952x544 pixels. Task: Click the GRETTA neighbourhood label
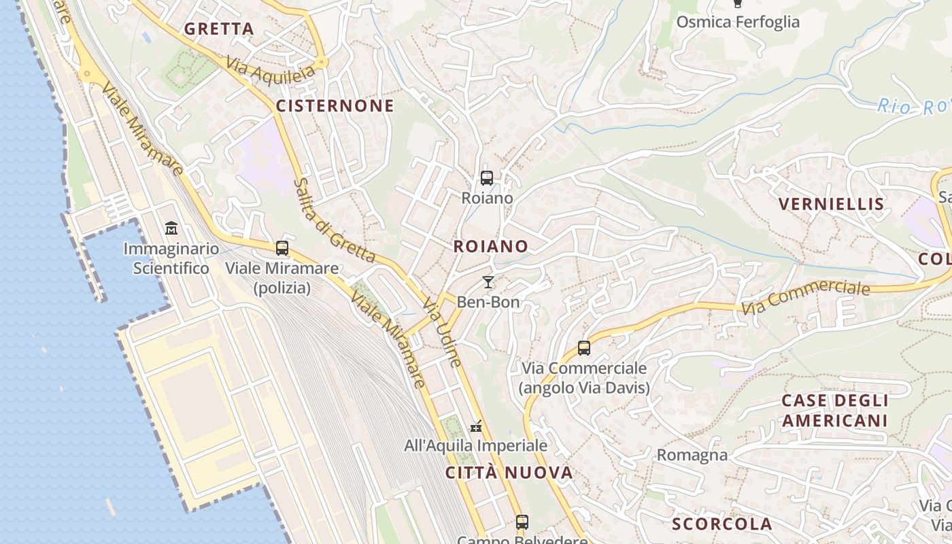pyautogui.click(x=219, y=29)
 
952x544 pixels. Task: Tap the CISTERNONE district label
pyautogui.click(x=335, y=105)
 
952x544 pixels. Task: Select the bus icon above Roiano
pyautogui.click(x=487, y=179)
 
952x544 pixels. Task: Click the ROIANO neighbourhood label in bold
pyautogui.click(x=491, y=246)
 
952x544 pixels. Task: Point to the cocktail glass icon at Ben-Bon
pyautogui.click(x=488, y=282)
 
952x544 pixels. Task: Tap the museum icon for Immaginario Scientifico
pyautogui.click(x=171, y=228)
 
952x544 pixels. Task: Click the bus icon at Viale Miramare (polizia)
pyautogui.click(x=282, y=248)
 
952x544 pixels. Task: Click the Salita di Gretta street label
pyautogui.click(x=334, y=220)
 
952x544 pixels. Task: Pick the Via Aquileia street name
pyautogui.click(x=271, y=69)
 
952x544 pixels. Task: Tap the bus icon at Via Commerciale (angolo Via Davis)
pyautogui.click(x=583, y=348)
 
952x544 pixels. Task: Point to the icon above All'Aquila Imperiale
pyautogui.click(x=476, y=426)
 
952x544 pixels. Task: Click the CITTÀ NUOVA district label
pyautogui.click(x=509, y=473)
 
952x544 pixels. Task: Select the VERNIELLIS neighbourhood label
pyautogui.click(x=831, y=204)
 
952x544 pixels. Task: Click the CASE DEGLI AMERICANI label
pyautogui.click(x=835, y=410)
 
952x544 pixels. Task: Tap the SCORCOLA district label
pyautogui.click(x=722, y=524)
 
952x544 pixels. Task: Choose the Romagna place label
pyautogui.click(x=692, y=454)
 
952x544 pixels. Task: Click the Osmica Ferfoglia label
pyautogui.click(x=738, y=22)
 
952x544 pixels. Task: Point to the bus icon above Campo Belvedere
pyautogui.click(x=522, y=522)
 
